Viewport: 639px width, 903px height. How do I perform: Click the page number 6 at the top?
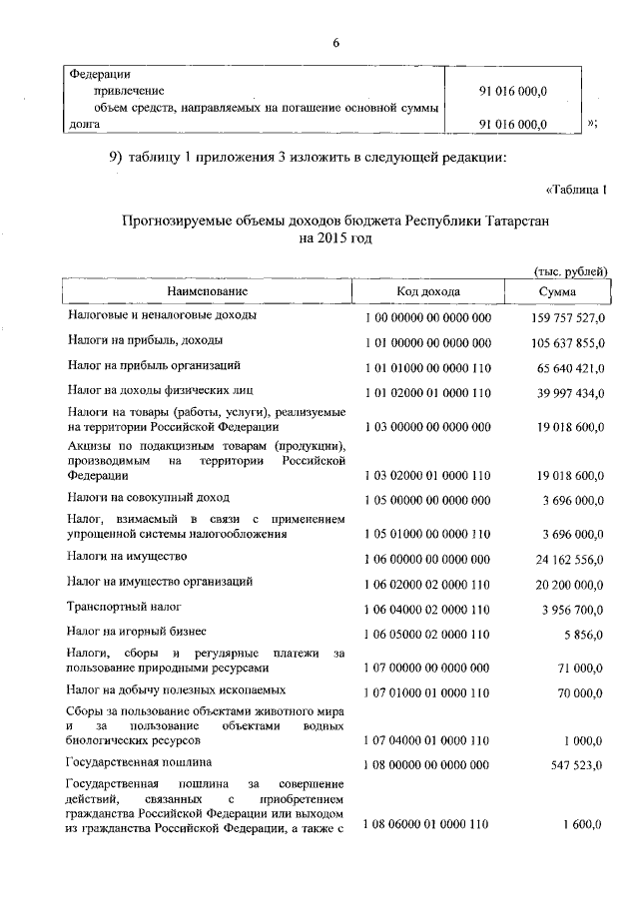pyautogui.click(x=336, y=42)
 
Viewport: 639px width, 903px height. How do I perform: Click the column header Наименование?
pyautogui.click(x=207, y=291)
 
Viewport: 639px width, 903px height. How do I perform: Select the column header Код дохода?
pyautogui.click(x=427, y=291)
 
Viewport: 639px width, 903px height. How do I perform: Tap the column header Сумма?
pyautogui.click(x=557, y=291)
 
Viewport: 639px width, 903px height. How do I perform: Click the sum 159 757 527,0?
pyautogui.click(x=564, y=317)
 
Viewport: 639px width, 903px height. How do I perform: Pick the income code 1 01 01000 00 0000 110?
pyautogui.click(x=427, y=367)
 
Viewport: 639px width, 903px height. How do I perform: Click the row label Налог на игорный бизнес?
pyautogui.click(x=137, y=631)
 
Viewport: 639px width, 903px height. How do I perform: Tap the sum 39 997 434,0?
pyautogui.click(x=567, y=392)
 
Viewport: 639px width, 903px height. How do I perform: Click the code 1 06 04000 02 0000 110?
pyautogui.click(x=427, y=607)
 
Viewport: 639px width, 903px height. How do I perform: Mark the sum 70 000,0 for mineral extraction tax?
pyautogui.click(x=580, y=690)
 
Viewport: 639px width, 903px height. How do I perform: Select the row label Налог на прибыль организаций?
pyautogui.click(x=154, y=366)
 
